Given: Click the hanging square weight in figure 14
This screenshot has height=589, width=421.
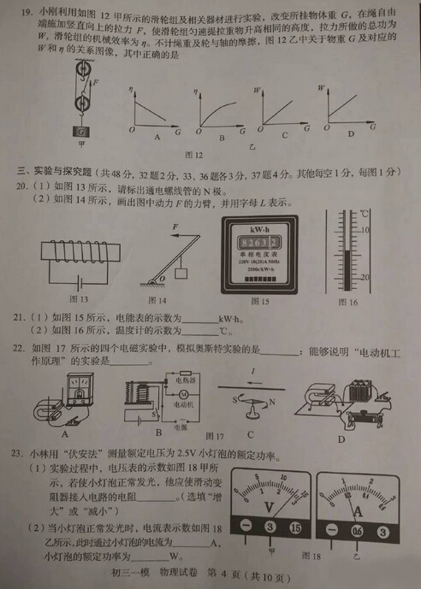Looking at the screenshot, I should pos(181,274).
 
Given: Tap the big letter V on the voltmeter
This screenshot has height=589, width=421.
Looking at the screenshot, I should pos(270,509).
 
